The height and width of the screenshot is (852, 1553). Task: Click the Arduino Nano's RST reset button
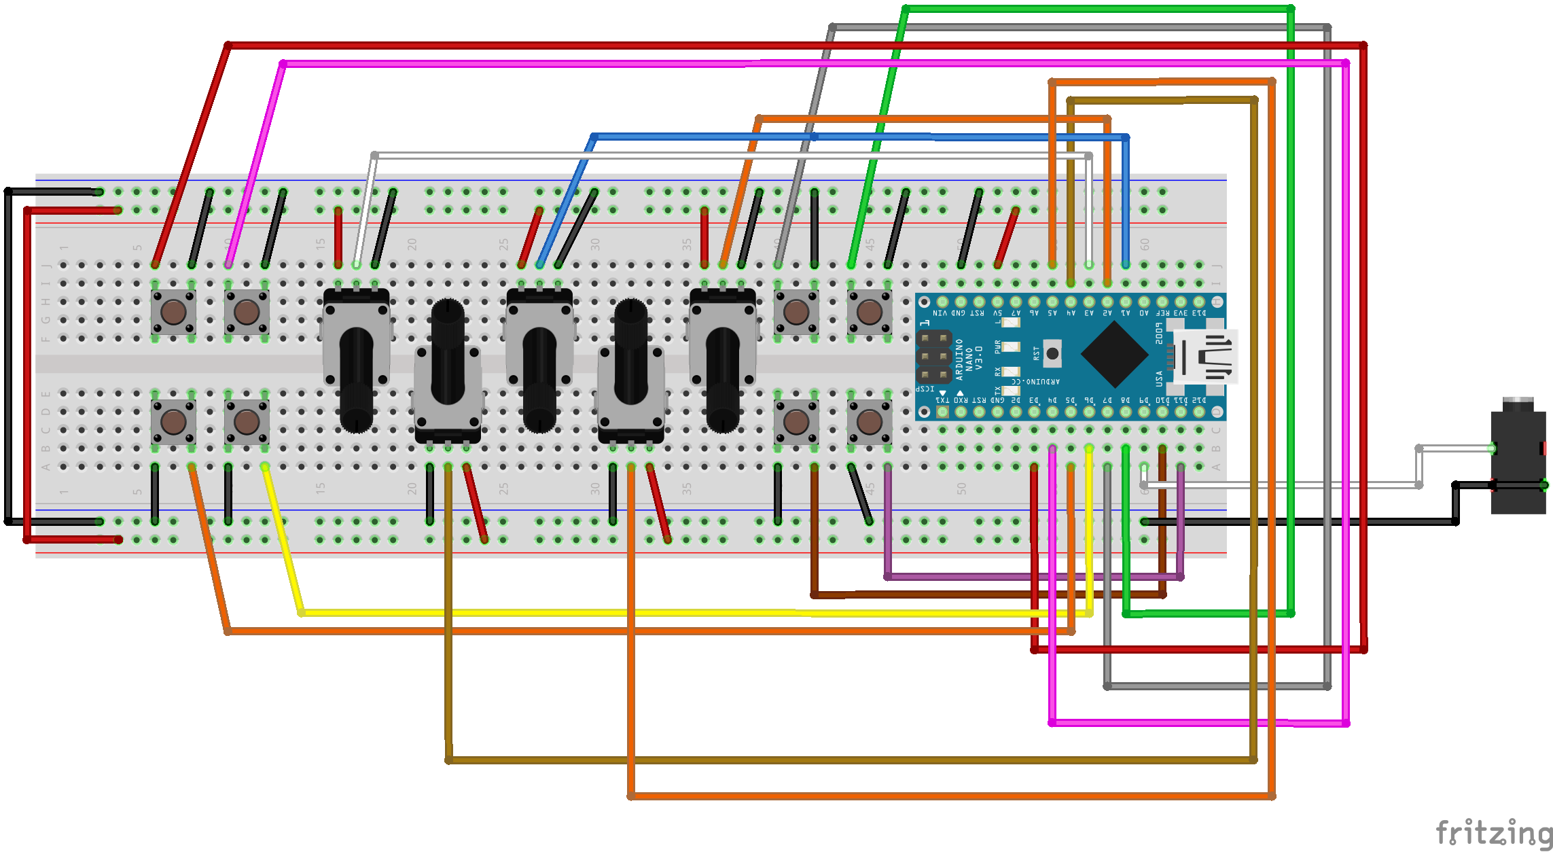coord(1052,353)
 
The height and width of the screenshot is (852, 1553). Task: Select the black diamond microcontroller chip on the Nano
coord(1115,354)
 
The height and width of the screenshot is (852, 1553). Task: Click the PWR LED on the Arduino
coord(1011,347)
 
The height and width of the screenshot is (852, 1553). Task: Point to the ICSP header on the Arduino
coord(933,357)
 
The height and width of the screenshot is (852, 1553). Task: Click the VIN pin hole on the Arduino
coord(942,302)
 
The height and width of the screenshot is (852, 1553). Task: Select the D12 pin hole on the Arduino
coord(1199,411)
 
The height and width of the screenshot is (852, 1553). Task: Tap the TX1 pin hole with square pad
coord(942,411)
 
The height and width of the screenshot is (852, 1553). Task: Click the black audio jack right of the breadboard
coord(1518,462)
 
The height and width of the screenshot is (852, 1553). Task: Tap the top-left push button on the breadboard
coord(173,313)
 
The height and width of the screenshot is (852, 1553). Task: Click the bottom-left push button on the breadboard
coord(173,422)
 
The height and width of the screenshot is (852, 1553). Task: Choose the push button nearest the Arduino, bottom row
coord(870,422)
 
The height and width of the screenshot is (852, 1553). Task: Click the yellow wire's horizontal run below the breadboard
coord(679,613)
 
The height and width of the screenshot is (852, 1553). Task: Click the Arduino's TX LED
coord(1011,390)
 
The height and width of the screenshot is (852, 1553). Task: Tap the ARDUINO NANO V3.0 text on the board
coord(969,359)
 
